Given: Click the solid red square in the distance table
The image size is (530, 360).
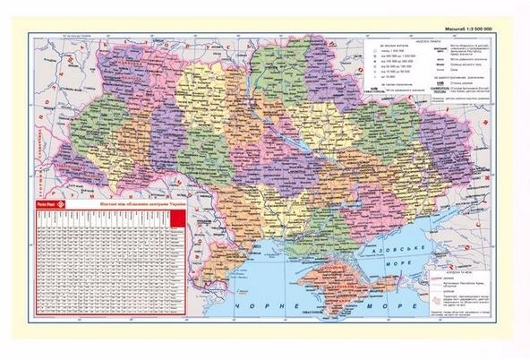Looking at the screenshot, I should pyautogui.click(x=177, y=220).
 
